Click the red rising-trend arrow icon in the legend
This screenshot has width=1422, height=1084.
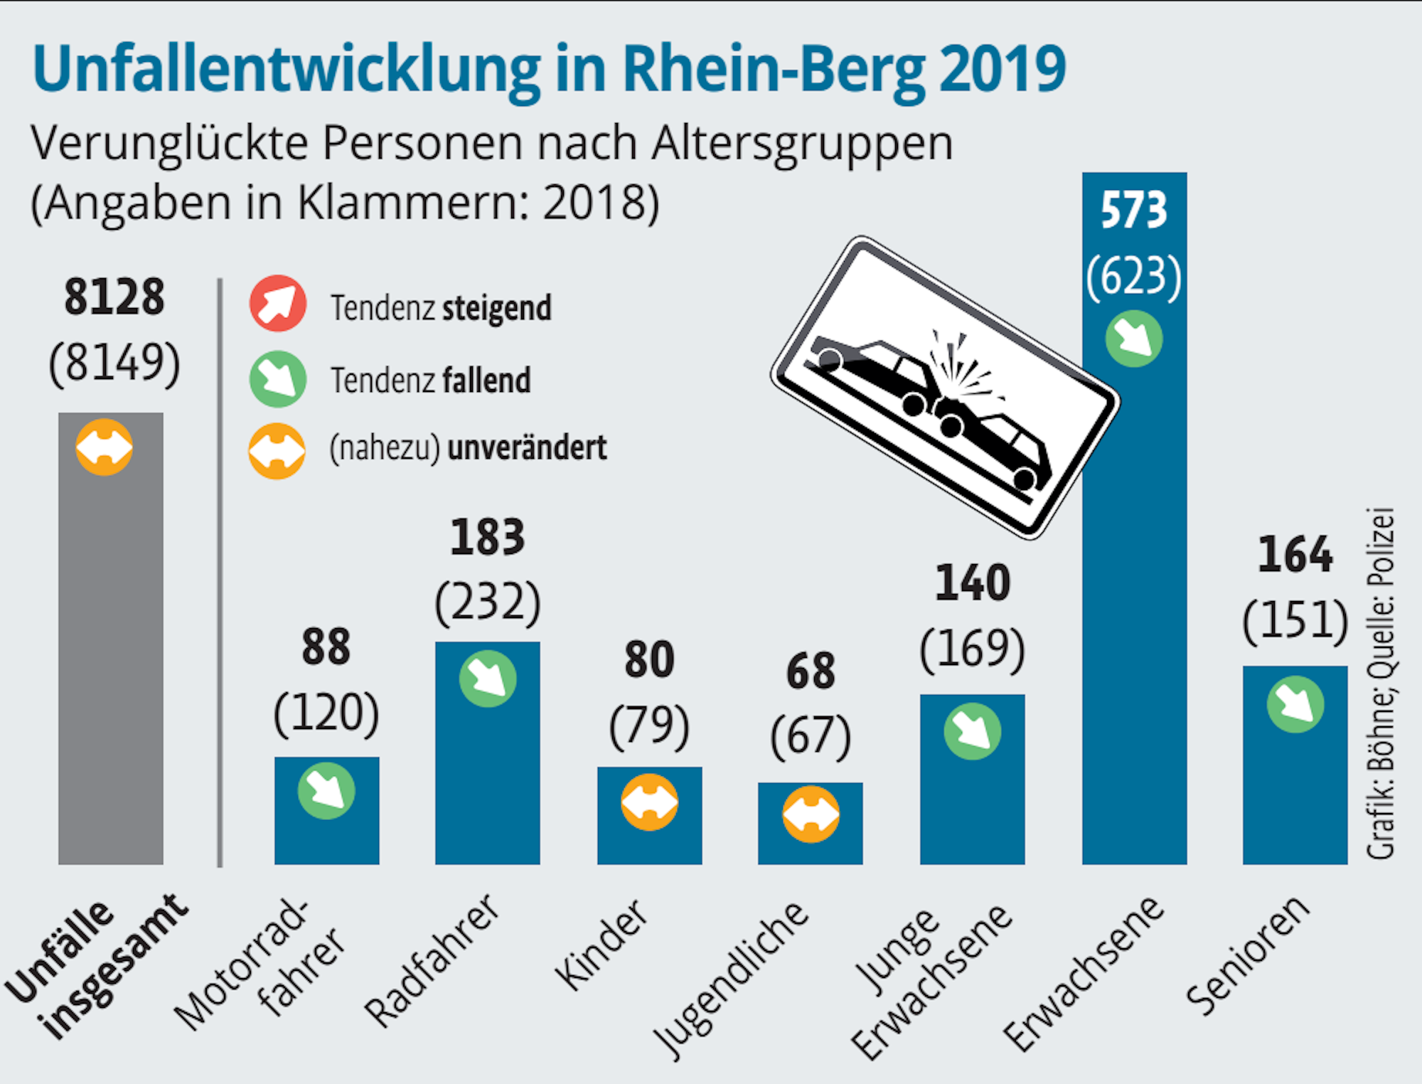[278, 303]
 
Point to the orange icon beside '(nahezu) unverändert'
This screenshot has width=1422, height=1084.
[277, 451]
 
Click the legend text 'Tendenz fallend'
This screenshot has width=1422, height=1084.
[430, 381]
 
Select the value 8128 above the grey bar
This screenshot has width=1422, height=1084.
[114, 297]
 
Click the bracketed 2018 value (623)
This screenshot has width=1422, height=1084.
[1133, 276]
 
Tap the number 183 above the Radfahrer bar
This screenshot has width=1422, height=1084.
[488, 538]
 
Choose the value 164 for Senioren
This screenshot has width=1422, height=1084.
[1295, 555]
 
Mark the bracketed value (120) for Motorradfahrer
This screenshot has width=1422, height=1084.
[326, 713]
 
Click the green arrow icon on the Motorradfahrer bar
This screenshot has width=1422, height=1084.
[326, 791]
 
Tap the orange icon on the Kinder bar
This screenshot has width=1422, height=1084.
[649, 802]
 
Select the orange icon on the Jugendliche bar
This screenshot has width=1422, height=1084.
[811, 814]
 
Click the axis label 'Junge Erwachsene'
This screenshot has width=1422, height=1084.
[931, 982]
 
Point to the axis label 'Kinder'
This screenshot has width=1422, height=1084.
[602, 946]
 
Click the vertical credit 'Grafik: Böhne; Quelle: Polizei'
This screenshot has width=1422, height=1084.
[1381, 683]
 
